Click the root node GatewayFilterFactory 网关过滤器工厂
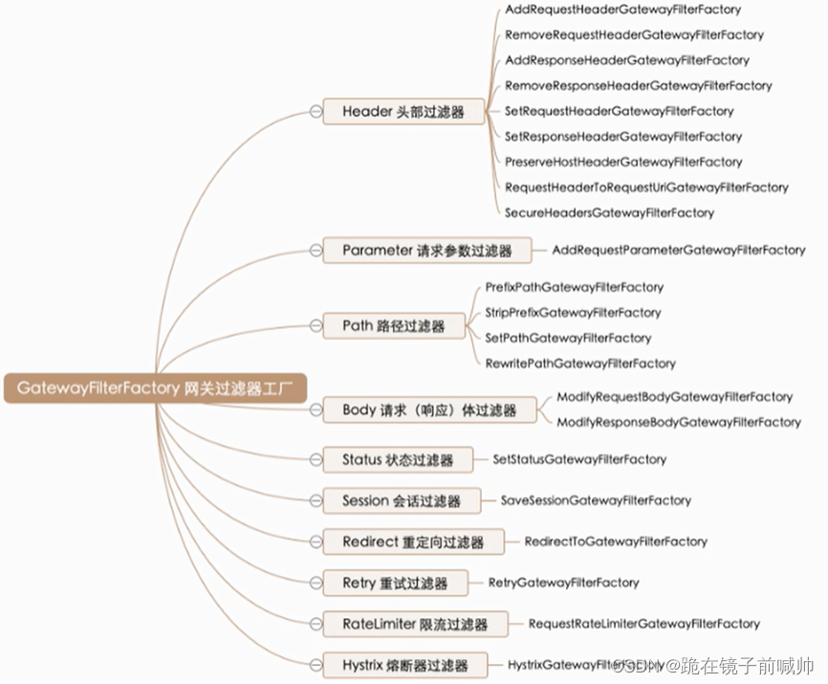pos(155,388)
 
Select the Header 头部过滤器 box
pos(403,112)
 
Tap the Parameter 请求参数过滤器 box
pos(426,251)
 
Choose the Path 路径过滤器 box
pos(393,326)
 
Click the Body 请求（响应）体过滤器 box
pos(428,410)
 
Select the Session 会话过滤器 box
pos(401,500)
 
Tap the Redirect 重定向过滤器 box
pos(412,541)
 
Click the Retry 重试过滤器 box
pos(393,583)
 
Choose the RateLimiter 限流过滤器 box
pos(414,624)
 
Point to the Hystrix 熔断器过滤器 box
pos(404,665)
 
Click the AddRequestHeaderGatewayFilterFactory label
pos(622,10)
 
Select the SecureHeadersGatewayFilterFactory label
pos(609,212)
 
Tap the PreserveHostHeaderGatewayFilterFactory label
pos(623,162)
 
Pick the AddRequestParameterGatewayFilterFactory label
pos(679,250)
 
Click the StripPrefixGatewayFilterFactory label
pos(573,312)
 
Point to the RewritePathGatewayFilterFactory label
pos(579,364)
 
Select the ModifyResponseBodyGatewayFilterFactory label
pos(679,422)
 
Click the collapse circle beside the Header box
pos(316,112)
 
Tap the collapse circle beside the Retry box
pos(316,583)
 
